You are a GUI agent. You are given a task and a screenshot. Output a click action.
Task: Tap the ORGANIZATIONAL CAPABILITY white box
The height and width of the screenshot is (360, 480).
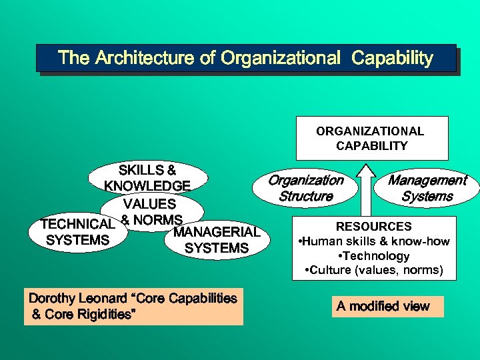372,138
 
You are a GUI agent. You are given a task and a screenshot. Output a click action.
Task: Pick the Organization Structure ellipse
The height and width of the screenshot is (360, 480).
305,188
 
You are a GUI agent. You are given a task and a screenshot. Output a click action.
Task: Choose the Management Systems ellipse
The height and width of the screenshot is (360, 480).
427,188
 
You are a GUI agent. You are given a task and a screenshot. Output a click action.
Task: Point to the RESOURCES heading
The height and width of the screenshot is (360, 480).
373,227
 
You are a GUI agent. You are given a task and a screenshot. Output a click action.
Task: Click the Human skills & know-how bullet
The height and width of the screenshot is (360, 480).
375,241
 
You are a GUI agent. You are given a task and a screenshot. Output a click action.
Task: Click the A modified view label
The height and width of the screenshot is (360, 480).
383,306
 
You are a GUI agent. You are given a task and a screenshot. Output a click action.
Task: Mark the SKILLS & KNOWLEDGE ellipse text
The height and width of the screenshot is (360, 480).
147,177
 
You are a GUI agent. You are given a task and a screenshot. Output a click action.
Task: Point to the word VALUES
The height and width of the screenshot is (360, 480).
149,203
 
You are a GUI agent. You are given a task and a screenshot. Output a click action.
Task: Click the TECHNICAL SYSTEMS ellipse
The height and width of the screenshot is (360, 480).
77,232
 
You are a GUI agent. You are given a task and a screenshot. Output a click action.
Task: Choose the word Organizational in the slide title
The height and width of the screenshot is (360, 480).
280,58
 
